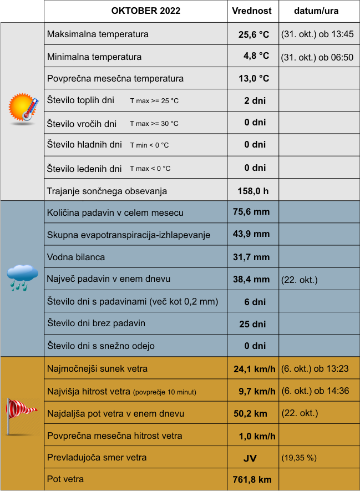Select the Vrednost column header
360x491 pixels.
click(251, 11)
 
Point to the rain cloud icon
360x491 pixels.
click(22, 277)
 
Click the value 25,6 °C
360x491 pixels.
click(253, 34)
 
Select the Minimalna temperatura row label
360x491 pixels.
click(94, 57)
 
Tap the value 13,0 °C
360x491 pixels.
click(253, 78)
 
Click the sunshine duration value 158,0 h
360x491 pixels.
click(253, 191)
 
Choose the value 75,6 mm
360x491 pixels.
click(251, 212)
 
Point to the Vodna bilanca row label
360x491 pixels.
click(76, 257)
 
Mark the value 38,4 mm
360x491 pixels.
click(251, 279)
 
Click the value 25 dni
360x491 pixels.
click(252, 324)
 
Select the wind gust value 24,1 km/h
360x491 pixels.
click(255, 369)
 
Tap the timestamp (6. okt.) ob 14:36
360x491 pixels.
click(315, 391)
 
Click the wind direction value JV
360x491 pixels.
click(250, 458)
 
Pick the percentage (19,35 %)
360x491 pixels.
click(299, 458)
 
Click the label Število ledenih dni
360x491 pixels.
click(84, 169)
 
